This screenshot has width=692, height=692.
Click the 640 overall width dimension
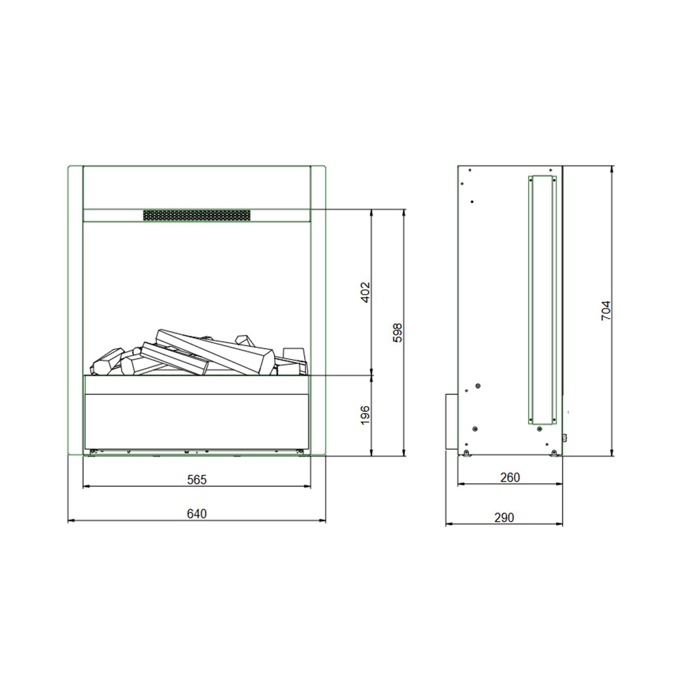(197, 514)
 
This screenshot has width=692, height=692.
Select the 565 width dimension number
(197, 480)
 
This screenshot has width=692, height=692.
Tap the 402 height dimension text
(365, 292)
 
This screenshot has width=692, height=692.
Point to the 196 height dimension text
(365, 415)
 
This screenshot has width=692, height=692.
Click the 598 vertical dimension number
(398, 334)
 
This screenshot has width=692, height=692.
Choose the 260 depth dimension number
(510, 477)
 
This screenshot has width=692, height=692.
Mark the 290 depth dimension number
(504, 517)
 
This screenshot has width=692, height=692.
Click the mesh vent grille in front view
(197, 215)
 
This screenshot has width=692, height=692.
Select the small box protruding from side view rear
(451, 422)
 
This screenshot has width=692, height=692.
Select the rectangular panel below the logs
(197, 421)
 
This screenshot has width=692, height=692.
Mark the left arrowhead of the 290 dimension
(448, 524)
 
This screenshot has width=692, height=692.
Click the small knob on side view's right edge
(565, 438)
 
